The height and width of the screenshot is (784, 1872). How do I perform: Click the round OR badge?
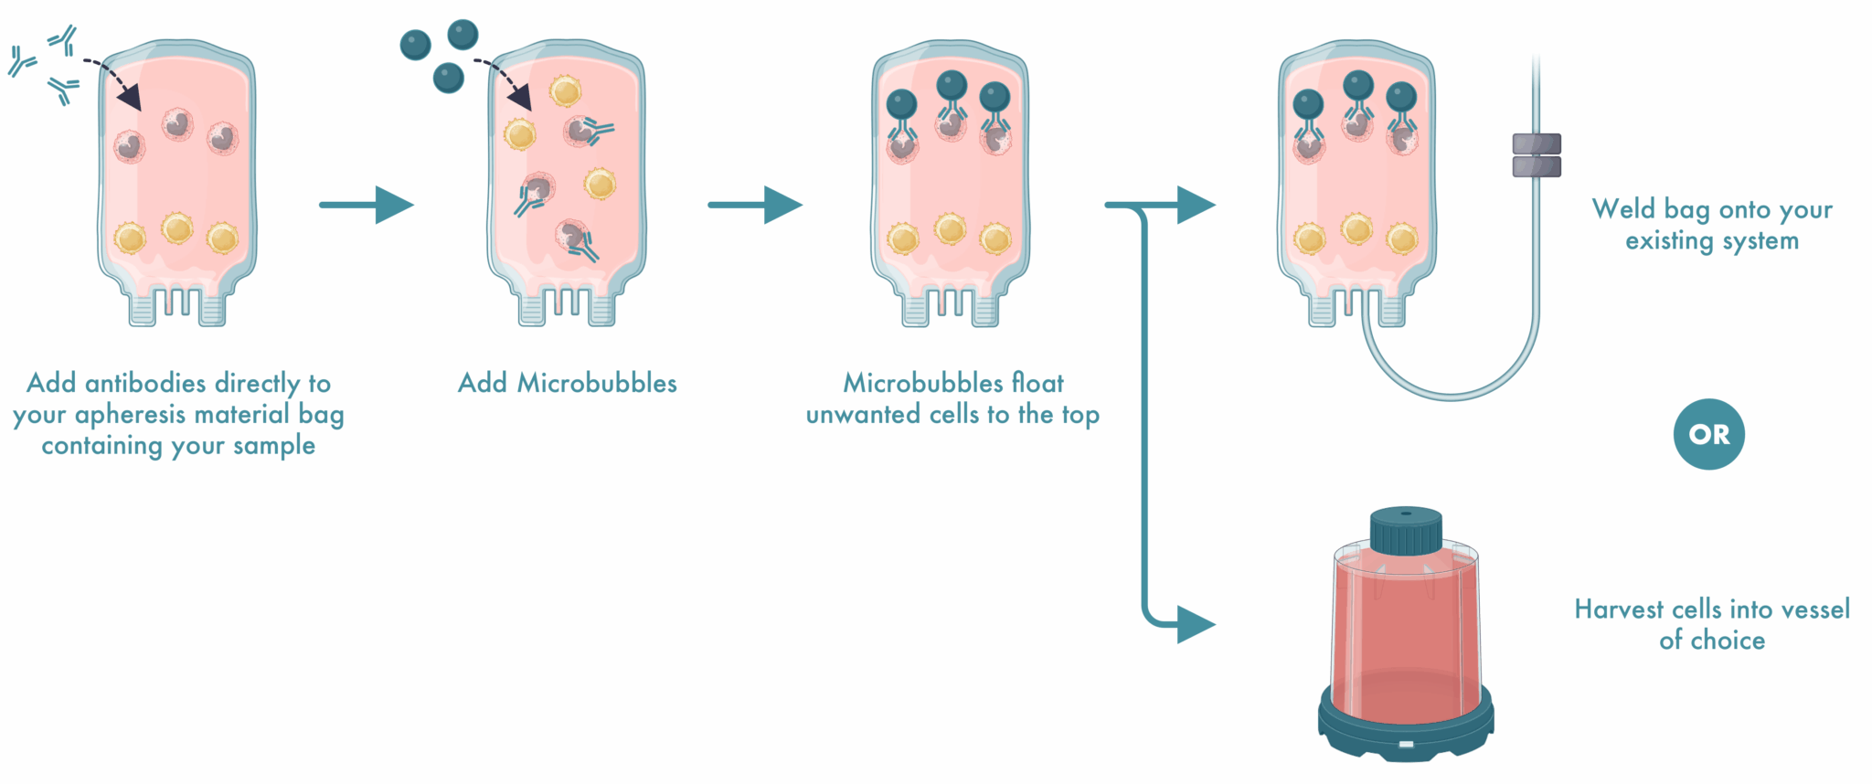coord(1707,434)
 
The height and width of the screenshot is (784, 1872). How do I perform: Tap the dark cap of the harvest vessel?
coord(1405,531)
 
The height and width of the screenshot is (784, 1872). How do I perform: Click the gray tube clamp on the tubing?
coord(1536,155)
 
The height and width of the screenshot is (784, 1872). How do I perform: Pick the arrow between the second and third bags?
coord(756,205)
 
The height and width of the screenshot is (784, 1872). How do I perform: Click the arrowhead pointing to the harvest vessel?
coord(1195,625)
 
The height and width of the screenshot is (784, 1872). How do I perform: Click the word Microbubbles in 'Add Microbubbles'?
coord(597,383)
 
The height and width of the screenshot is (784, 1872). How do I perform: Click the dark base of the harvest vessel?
coord(1405,731)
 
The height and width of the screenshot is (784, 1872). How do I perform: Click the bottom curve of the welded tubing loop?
coord(1451,396)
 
